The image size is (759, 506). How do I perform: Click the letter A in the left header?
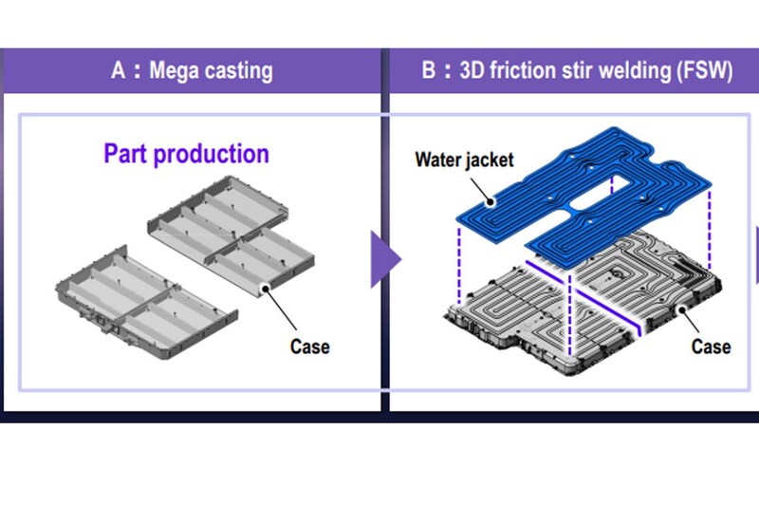(x=118, y=70)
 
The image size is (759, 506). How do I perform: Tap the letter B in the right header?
(x=428, y=70)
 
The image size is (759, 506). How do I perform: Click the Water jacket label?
(x=464, y=159)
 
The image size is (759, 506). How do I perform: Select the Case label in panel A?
(x=309, y=347)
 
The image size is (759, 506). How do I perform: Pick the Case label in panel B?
(x=711, y=347)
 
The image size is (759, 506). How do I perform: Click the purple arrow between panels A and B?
(x=384, y=257)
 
